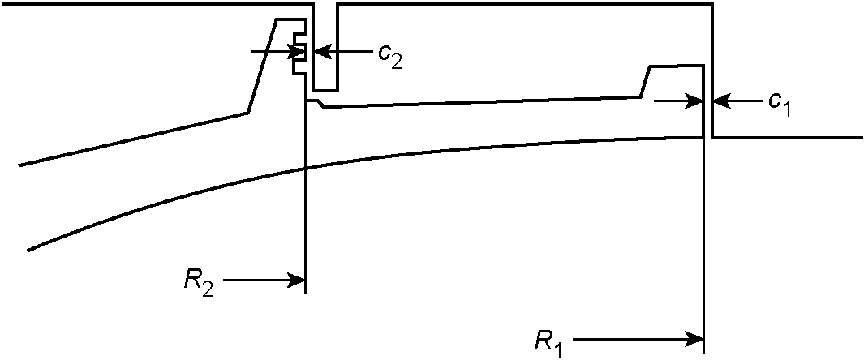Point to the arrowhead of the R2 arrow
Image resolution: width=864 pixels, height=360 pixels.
click(298, 281)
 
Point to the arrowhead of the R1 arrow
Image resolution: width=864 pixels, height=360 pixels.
click(695, 340)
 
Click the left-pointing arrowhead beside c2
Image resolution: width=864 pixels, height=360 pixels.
click(321, 52)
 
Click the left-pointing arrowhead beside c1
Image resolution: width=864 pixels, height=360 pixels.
click(720, 101)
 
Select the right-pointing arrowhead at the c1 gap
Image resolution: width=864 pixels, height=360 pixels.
click(695, 101)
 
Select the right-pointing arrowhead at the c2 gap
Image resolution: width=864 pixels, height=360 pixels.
click(298, 52)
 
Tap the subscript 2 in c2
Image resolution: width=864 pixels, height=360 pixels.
click(396, 61)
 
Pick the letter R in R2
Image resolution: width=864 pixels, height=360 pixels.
click(194, 278)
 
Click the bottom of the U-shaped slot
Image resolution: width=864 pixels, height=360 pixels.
click(325, 90)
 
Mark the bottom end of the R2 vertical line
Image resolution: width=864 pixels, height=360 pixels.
click(305, 293)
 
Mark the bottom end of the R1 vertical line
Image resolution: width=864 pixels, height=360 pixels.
click(703, 354)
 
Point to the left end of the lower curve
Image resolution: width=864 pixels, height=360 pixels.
click(28, 251)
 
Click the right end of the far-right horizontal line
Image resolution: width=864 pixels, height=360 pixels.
click(862, 137)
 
